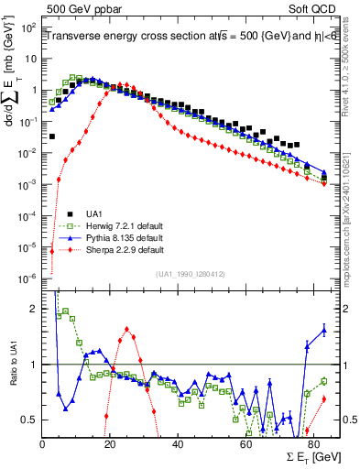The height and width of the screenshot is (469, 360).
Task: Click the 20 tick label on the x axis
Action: (110, 443)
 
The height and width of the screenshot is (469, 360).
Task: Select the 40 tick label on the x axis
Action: (178, 443)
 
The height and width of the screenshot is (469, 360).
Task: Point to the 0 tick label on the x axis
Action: (43, 443)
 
